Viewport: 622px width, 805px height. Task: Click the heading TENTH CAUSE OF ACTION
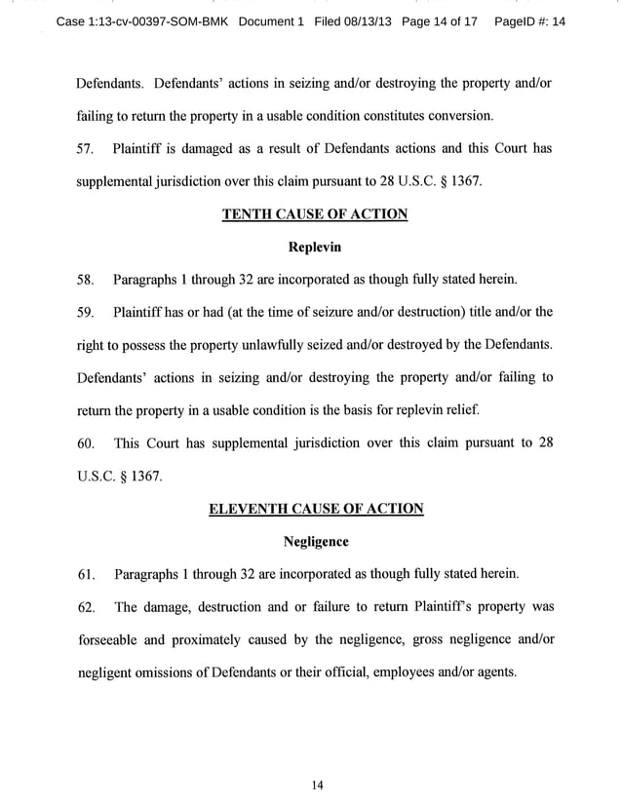pos(314,214)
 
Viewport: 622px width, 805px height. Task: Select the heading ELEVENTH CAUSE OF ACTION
pos(316,509)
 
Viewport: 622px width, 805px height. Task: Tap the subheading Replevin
pos(314,247)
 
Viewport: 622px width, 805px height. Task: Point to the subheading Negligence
pos(315,540)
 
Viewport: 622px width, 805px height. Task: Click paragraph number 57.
pos(85,148)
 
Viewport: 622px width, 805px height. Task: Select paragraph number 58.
pos(85,281)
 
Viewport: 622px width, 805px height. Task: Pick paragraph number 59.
pos(85,313)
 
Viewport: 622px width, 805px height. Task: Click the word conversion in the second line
pos(459,116)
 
